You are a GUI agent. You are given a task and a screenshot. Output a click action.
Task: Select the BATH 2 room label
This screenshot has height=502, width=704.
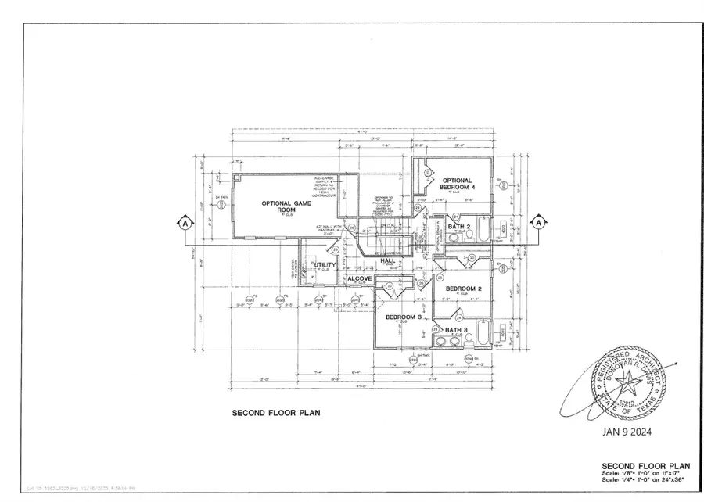459,227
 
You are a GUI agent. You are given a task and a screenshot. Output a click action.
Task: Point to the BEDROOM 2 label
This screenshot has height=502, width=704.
463,289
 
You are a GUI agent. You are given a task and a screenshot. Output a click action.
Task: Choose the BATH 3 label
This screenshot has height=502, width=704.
456,331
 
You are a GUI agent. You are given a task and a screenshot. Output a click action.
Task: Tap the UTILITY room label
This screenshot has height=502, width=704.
325,265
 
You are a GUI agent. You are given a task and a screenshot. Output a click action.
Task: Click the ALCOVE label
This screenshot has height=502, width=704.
359,279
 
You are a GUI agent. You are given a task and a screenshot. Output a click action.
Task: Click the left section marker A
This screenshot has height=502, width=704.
185,223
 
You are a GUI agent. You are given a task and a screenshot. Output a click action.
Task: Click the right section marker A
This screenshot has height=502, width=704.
538,222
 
